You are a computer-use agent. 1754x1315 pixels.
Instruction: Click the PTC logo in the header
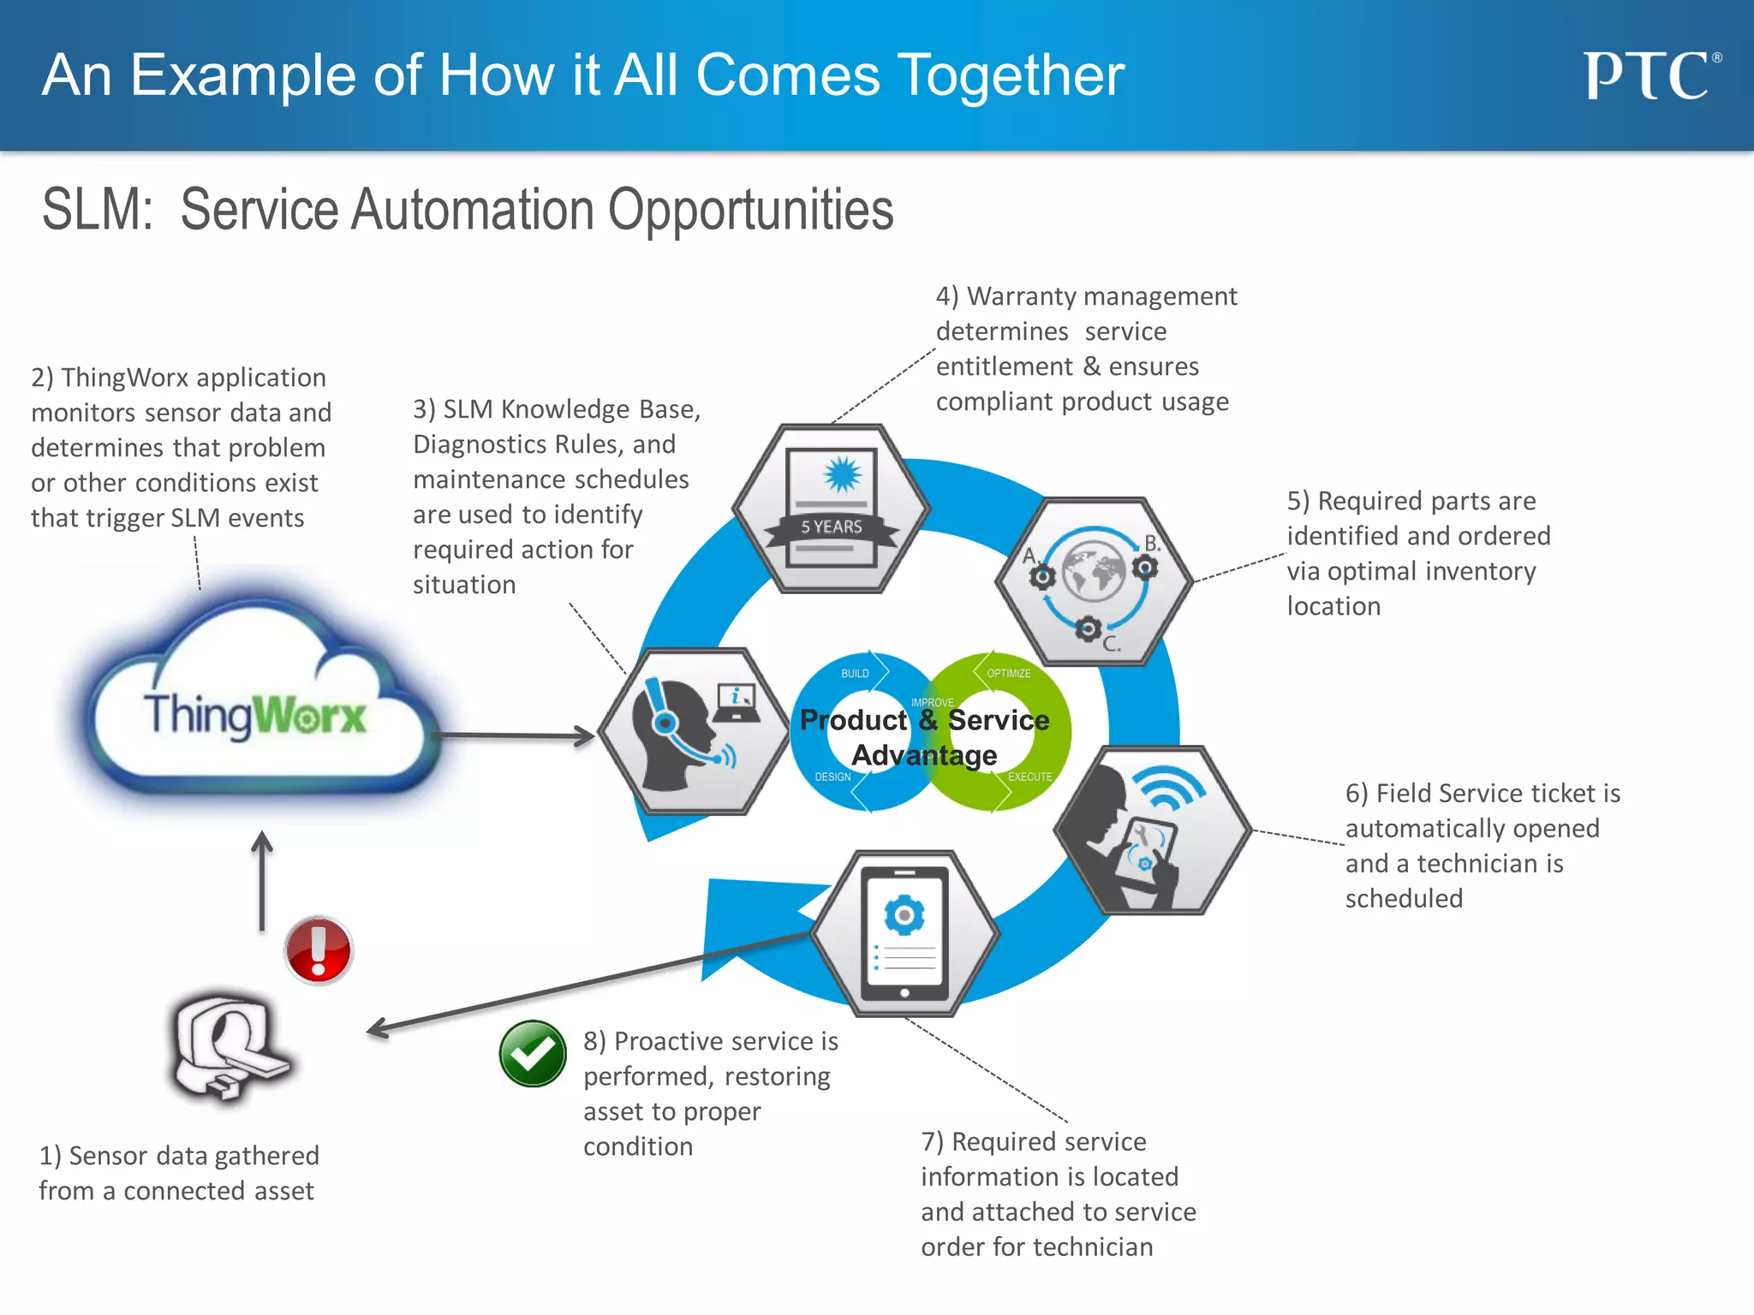coord(1650,76)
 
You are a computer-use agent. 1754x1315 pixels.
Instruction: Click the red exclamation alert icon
coord(319,950)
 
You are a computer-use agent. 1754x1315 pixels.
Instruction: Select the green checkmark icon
coord(533,1054)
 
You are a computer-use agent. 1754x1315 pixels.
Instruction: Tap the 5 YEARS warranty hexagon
coord(832,509)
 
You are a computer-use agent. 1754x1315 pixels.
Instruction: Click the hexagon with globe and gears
coord(1094,581)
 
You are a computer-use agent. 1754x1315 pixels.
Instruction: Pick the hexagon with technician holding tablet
coord(1152,830)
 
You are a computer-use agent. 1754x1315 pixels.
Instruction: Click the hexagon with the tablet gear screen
coord(904,933)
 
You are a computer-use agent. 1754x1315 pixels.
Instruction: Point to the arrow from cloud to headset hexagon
coord(514,735)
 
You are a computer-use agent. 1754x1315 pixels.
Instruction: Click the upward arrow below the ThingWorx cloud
coord(262,882)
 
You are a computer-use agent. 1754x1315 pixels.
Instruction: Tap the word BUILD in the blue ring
coord(855,674)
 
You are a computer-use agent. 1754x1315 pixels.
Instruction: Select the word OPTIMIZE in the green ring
coord(1009,674)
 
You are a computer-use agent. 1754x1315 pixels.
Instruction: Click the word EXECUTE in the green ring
coord(1029,777)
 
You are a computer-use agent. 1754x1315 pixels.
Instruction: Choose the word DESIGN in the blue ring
coord(832,777)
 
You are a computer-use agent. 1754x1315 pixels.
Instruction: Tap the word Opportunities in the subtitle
coord(750,211)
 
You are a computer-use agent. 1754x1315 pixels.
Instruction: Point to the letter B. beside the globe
coord(1153,544)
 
